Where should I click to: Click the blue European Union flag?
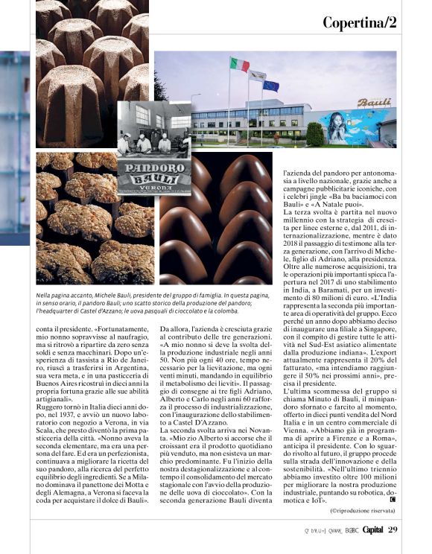point(271,86)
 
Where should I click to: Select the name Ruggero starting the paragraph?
point(53,408)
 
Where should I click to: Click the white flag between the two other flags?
point(258,75)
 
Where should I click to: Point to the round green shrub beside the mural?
point(315,134)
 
